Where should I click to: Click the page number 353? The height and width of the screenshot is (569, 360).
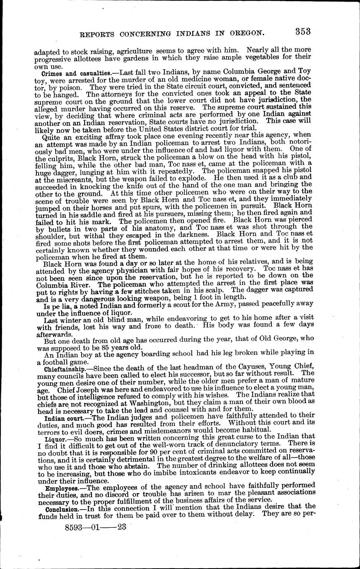tap(302, 31)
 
